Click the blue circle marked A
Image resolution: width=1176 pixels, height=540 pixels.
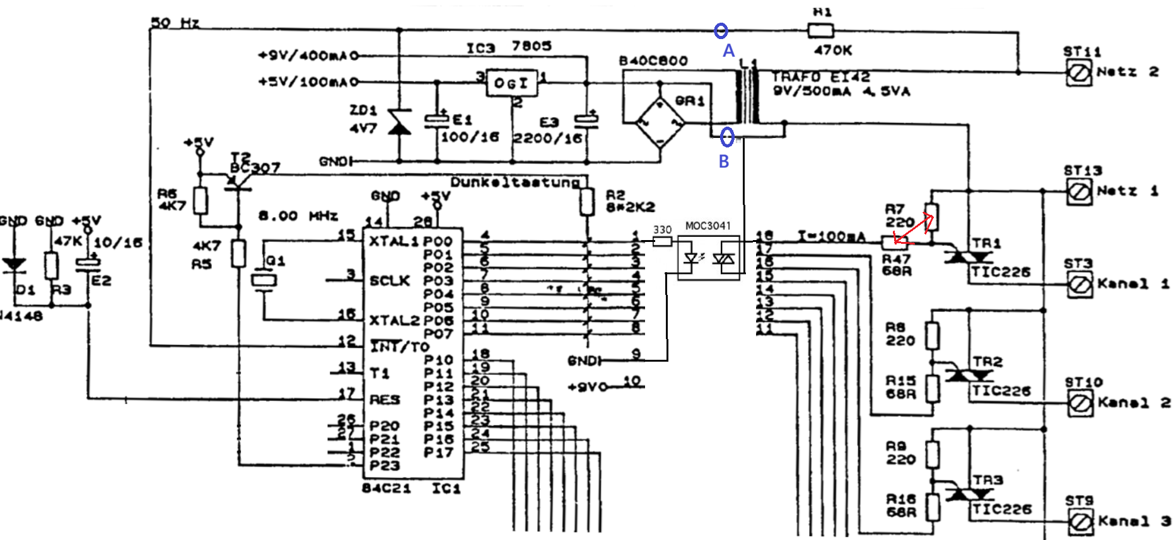tap(721, 30)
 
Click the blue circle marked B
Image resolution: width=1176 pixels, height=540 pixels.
tap(727, 136)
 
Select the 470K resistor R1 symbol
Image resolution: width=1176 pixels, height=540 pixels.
tap(820, 30)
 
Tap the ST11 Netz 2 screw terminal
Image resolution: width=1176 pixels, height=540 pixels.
tap(1079, 73)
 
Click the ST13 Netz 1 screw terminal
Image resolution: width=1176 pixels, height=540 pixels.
tap(1080, 192)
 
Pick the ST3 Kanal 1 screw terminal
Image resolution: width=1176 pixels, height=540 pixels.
tap(1080, 285)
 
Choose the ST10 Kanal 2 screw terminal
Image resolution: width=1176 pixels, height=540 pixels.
tap(1080, 403)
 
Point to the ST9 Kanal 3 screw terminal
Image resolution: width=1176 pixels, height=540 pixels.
tap(1081, 522)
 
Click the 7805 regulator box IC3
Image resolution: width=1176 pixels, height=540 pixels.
tap(511, 83)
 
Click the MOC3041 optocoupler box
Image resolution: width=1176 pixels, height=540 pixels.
tap(708, 258)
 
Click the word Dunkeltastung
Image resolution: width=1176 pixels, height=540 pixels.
tap(515, 182)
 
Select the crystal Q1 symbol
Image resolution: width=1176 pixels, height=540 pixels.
tap(264, 278)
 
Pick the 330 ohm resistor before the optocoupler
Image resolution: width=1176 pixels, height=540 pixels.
tap(662, 241)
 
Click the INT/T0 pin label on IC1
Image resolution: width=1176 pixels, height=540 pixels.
tap(399, 347)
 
